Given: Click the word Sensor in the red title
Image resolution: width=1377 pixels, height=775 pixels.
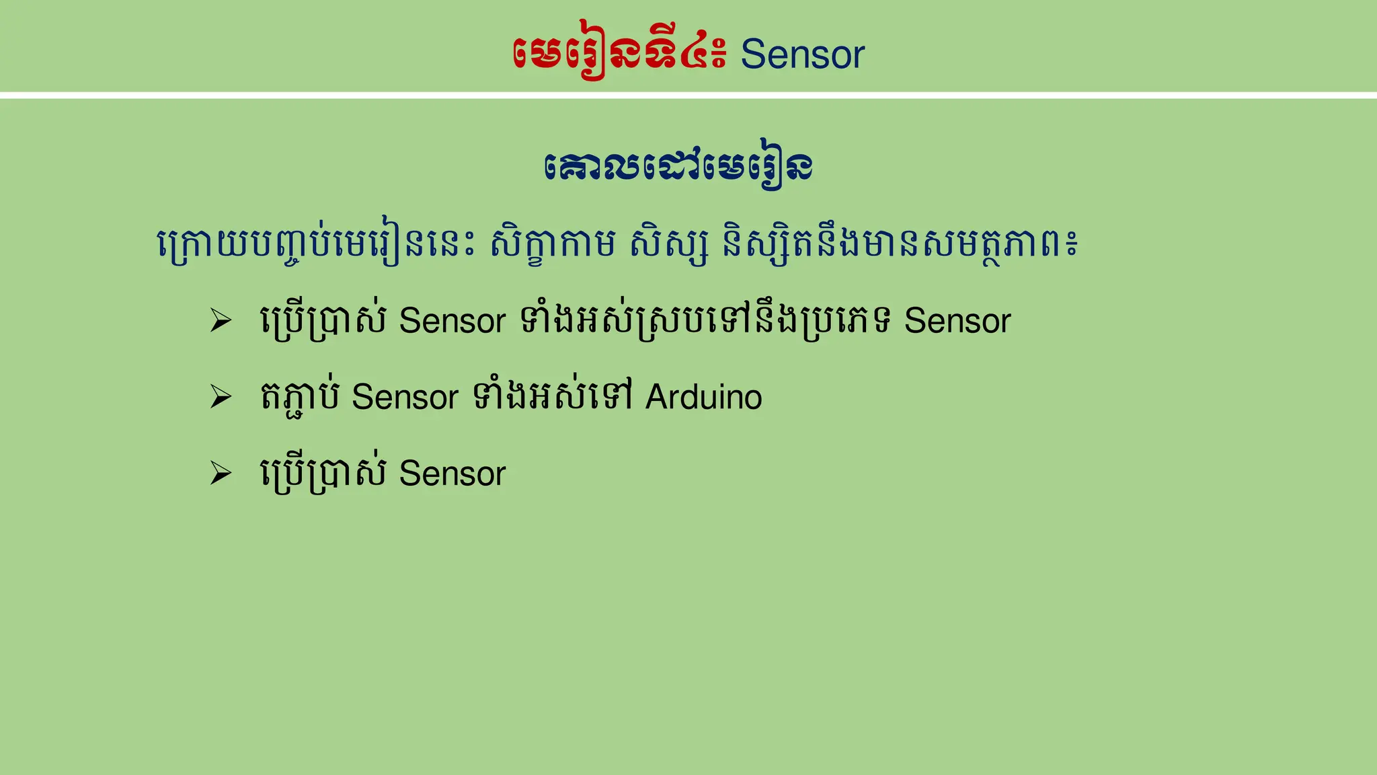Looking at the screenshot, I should pos(802,54).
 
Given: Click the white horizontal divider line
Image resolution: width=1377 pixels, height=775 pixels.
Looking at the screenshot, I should pos(688,96).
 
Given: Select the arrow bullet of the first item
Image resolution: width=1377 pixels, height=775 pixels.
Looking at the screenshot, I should pos(221,320).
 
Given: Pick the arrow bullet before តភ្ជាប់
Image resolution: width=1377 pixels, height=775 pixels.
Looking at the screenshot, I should pos(221,396).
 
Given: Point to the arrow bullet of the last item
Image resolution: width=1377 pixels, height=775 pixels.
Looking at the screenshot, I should pos(221,473).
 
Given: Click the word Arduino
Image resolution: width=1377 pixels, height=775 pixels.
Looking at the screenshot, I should pos(703,397).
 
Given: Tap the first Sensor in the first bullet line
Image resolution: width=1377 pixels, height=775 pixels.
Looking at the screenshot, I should pos(452,321).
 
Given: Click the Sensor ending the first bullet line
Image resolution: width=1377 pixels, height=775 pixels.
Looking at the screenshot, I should pos(957,321).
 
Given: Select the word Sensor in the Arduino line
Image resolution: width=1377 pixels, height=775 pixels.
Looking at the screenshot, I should pos(405,397).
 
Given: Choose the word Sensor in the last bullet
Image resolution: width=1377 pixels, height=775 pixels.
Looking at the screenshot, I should pos(452,474).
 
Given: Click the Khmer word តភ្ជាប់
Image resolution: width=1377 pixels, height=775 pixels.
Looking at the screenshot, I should pos(300,397).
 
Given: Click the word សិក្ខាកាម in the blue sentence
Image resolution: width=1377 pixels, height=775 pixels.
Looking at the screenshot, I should pos(553,244).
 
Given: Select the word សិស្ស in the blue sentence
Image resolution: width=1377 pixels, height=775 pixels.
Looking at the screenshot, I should pos(669,244).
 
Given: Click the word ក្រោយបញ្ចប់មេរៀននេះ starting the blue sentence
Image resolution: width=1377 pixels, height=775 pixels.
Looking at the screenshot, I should pos(316,244).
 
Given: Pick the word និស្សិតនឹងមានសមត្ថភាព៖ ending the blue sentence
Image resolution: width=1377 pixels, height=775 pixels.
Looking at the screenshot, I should pos(900,244).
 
